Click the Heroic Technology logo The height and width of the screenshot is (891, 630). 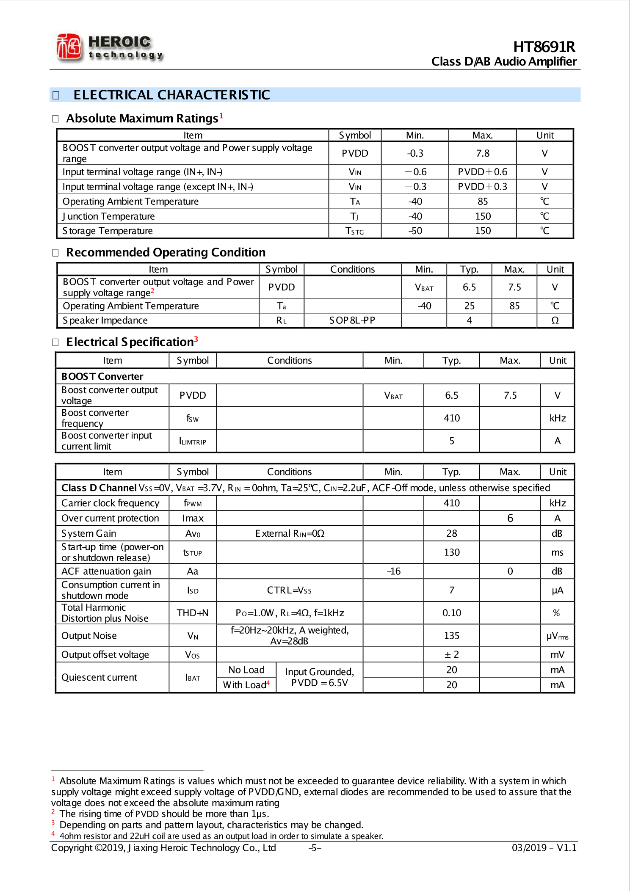[109, 47]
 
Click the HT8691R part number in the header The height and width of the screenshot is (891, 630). [544, 47]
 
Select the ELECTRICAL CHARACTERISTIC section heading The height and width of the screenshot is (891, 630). [171, 95]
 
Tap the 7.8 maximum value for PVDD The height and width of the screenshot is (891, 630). [482, 153]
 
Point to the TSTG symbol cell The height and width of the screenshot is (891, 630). [354, 231]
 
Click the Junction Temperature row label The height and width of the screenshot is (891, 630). [109, 216]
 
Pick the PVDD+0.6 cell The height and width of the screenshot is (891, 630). [482, 172]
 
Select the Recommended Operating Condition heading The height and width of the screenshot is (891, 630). [166, 252]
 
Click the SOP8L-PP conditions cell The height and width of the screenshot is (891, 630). [352, 320]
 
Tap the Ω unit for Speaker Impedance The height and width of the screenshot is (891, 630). [555, 320]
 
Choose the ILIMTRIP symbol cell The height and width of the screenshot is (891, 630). [193, 441]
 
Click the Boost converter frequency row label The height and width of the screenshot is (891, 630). [95, 418]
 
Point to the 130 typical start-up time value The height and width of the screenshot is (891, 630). [451, 552]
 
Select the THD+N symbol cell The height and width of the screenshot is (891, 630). [193, 613]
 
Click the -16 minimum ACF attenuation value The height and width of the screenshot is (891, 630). [393, 571]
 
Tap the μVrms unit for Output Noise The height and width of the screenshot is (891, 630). [557, 636]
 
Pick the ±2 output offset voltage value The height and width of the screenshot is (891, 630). [451, 655]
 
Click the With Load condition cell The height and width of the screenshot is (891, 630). [246, 685]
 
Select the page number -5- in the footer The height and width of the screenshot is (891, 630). [315, 848]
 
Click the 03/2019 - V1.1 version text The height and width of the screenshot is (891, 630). [544, 848]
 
